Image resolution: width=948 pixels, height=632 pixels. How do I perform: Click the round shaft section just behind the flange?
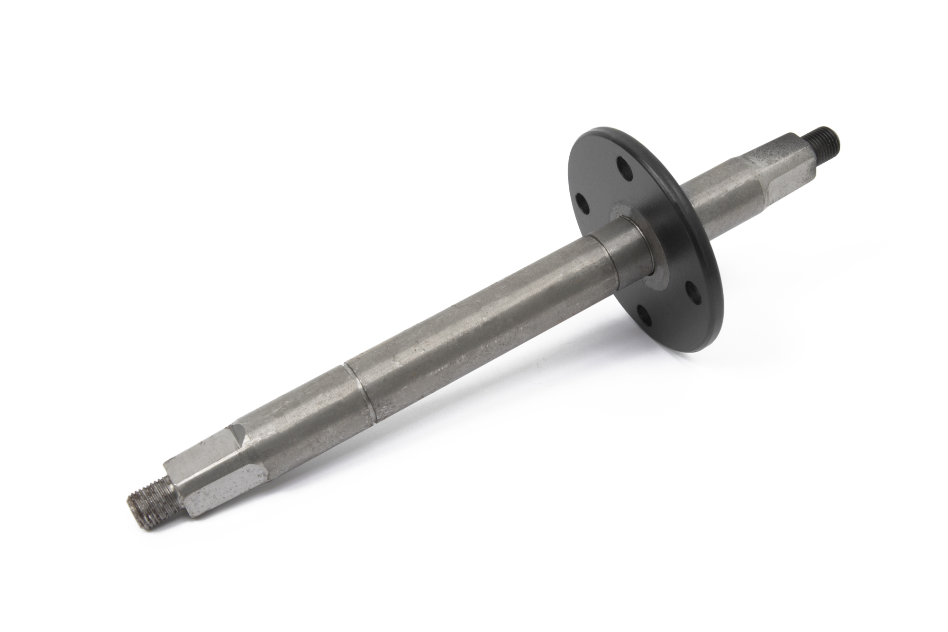(711, 199)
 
